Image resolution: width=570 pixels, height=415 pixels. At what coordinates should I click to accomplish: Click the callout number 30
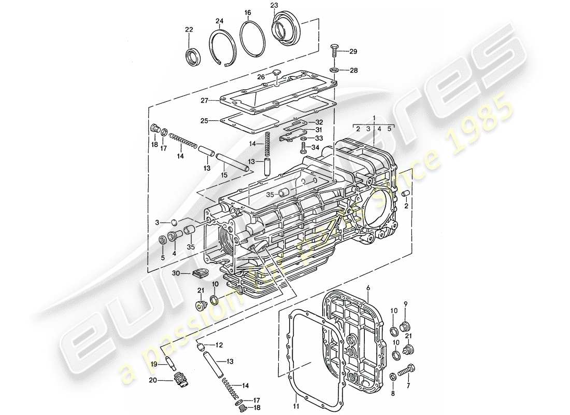pos(176,273)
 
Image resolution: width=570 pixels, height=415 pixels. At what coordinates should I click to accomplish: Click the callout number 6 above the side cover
pos(367,287)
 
